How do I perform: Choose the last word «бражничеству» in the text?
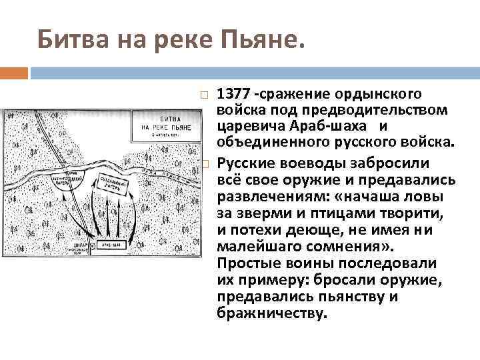(x=273, y=313)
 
